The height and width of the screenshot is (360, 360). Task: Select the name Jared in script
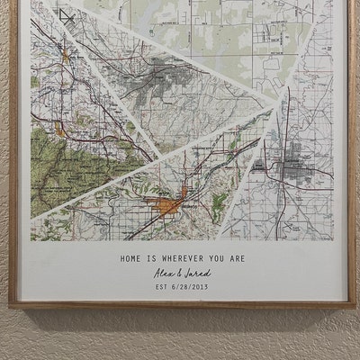tap(201, 274)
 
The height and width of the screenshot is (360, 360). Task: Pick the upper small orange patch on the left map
tap(65, 59)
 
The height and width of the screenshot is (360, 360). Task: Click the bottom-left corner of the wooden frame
tap(12, 305)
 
